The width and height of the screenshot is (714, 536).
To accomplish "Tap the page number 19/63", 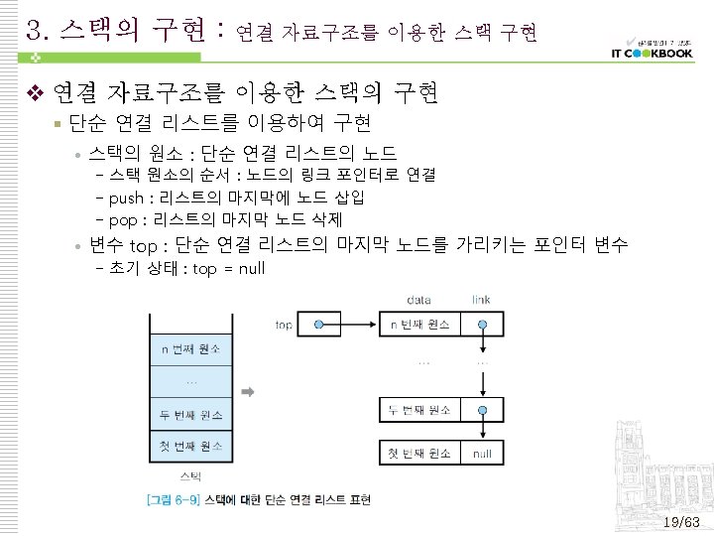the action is coord(681,522).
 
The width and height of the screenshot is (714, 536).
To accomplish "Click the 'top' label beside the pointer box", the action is coord(285,325).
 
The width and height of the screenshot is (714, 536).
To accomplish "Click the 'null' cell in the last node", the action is coord(482,454).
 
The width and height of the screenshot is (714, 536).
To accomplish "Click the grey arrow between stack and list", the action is coord(248,393).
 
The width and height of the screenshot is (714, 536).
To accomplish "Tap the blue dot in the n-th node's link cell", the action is coord(482,325).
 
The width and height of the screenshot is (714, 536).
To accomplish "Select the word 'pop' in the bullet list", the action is coord(123,219).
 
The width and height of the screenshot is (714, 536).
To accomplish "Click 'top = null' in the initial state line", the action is coord(229,269).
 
